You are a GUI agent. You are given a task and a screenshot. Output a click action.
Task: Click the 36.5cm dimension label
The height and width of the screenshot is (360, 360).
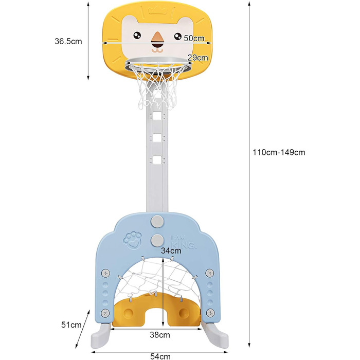pyautogui.click(x=68, y=41)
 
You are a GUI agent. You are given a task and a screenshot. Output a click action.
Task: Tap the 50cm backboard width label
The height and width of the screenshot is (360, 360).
pyautogui.click(x=194, y=38)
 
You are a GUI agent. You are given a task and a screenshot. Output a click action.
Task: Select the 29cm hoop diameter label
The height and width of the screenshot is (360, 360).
pyautogui.click(x=197, y=58)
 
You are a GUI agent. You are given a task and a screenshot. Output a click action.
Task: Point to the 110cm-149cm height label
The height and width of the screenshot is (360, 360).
pyautogui.click(x=279, y=152)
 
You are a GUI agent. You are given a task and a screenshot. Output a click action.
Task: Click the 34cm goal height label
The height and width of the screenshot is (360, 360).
pyautogui.click(x=171, y=250)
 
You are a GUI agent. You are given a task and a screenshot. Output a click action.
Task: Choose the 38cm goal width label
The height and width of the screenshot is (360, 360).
pyautogui.click(x=160, y=335)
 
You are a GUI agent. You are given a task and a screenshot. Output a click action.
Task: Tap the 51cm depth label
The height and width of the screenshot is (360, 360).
pyautogui.click(x=71, y=325)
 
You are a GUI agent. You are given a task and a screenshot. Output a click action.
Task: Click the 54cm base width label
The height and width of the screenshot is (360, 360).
pyautogui.click(x=160, y=356)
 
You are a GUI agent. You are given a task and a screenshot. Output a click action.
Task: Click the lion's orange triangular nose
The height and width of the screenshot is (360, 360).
pyautogui.click(x=157, y=38)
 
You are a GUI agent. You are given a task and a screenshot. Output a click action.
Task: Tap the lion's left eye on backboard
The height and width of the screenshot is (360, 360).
pyautogui.click(x=137, y=35)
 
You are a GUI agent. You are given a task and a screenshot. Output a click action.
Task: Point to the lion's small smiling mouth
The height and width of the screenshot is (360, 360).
pyautogui.click(x=157, y=50)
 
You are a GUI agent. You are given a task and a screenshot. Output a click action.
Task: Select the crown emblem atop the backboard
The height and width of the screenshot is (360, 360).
pyautogui.click(x=157, y=10)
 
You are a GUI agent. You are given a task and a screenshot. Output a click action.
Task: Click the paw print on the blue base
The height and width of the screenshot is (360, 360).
pyautogui.click(x=133, y=240)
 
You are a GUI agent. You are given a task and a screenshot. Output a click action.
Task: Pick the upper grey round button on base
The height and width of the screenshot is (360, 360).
pyautogui.click(x=157, y=221)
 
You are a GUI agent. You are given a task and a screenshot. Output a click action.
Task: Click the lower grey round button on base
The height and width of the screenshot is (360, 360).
pyautogui.click(x=157, y=240)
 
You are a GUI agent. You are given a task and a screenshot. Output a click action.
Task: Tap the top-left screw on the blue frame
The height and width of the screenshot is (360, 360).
pyautogui.click(x=105, y=273)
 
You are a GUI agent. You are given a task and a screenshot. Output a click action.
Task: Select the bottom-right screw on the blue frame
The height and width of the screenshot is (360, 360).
pyautogui.click(x=210, y=313)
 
